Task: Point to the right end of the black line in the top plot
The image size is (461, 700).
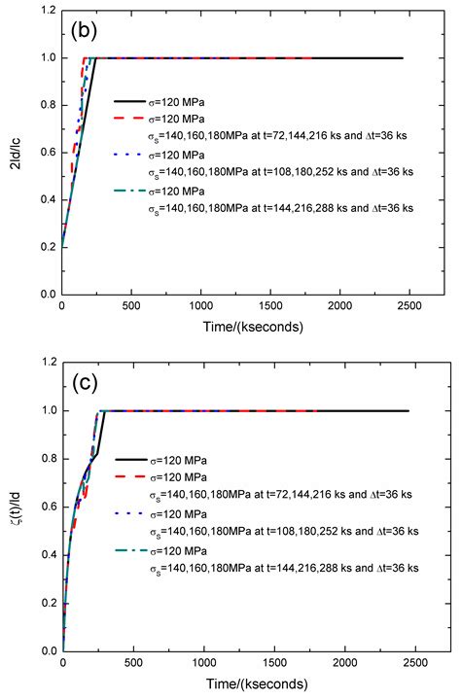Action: [x=402, y=58]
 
